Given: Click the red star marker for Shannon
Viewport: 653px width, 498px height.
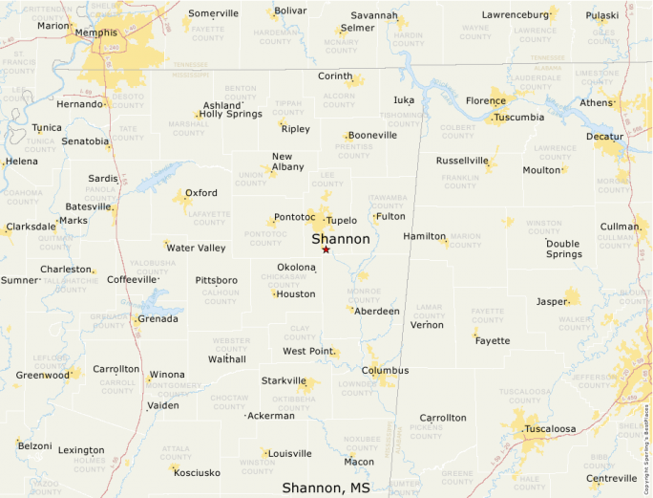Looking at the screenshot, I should (x=326, y=249).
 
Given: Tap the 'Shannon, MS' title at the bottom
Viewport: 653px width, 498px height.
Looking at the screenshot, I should (x=326, y=487).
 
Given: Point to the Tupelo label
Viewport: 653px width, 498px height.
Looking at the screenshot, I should (x=341, y=220).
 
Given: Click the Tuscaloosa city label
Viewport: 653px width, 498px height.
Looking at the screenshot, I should (x=550, y=429).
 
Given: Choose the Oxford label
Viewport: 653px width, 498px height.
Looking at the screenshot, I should (x=200, y=192).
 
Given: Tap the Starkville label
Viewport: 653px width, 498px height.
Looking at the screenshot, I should (x=284, y=380).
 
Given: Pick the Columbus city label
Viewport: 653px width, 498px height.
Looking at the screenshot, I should (x=385, y=370).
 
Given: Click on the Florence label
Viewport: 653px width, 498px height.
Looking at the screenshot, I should (x=485, y=100).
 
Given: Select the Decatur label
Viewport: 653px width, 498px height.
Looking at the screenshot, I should (x=604, y=137).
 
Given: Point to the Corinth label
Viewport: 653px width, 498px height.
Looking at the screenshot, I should (x=335, y=76).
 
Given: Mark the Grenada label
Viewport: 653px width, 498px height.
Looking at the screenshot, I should (x=158, y=318).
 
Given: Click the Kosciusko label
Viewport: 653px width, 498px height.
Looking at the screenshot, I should (x=197, y=472).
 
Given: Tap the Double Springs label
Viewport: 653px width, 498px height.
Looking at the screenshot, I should (x=563, y=249).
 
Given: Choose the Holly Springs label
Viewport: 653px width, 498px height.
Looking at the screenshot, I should (x=230, y=114).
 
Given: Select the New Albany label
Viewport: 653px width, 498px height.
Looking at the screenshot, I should (x=288, y=162).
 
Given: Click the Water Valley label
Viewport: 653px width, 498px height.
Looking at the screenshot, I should (x=196, y=248).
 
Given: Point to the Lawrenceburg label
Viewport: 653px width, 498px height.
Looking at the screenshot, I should (x=516, y=14).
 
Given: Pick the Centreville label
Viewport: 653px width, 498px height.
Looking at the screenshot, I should (x=611, y=478).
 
